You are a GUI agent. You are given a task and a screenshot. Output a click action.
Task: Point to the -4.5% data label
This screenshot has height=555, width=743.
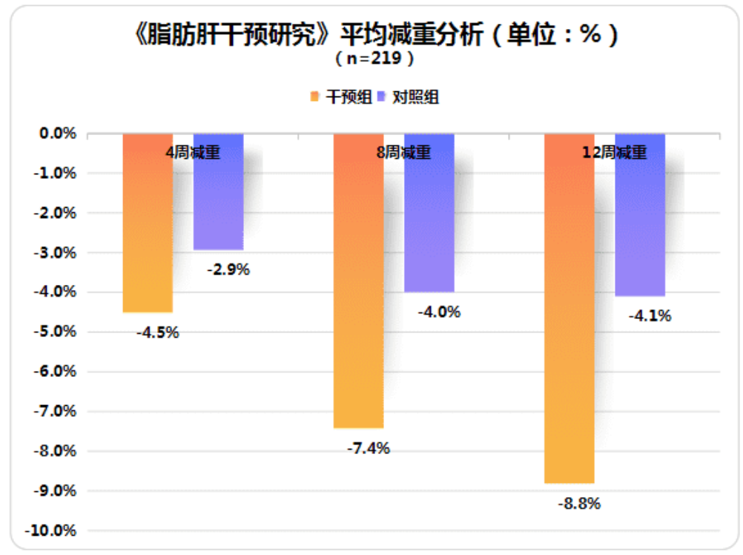click(157, 332)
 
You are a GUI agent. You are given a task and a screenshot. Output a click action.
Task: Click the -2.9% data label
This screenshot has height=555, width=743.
click(228, 269)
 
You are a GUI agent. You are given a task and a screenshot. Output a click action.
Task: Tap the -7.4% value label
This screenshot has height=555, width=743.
click(368, 448)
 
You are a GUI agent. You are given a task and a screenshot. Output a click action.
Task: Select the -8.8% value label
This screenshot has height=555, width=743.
click(578, 504)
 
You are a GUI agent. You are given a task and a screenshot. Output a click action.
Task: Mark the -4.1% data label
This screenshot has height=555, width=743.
click(650, 316)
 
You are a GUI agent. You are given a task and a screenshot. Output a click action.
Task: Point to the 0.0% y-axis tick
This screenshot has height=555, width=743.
click(58, 134)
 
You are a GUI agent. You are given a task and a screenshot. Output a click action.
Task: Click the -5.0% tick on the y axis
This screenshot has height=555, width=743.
click(56, 332)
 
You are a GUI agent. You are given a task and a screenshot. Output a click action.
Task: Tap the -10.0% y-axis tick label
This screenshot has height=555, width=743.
click(53, 531)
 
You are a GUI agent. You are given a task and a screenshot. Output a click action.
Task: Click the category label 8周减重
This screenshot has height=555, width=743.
click(403, 153)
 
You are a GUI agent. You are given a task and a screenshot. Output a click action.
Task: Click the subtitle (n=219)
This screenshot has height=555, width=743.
click(373, 57)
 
